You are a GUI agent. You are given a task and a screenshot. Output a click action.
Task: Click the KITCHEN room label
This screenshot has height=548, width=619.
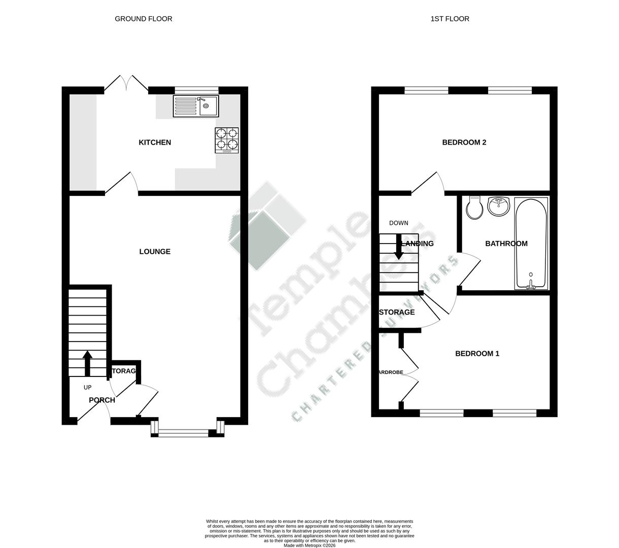click(155, 143)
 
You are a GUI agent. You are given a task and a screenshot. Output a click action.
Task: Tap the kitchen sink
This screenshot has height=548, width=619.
click(196, 106)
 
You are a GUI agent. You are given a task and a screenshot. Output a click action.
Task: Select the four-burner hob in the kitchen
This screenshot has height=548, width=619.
click(227, 140)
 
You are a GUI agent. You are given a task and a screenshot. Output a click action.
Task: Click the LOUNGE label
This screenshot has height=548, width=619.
click(155, 252)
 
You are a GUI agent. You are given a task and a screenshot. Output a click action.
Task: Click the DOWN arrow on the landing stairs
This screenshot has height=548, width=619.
click(399, 247)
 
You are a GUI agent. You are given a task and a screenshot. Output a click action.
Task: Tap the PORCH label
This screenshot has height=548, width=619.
click(102, 400)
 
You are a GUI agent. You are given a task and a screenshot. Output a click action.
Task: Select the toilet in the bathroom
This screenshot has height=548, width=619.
click(474, 208)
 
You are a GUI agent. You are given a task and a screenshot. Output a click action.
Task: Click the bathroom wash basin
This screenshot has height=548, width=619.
click(498, 206)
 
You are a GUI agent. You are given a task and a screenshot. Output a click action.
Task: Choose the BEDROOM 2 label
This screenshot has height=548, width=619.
click(464, 143)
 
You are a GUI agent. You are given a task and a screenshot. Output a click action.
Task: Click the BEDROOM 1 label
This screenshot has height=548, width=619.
click(477, 354)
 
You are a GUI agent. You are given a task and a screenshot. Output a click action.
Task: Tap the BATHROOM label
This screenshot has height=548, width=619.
click(506, 244)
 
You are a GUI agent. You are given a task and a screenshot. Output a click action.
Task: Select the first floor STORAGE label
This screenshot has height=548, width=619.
click(397, 312)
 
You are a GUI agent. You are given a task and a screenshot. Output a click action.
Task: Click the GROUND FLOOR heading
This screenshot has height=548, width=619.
click(144, 19)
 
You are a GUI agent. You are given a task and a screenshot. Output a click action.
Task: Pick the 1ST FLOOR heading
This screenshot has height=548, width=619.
click(450, 19)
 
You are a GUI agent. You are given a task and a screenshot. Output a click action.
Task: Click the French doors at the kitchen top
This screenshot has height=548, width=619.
click(126, 84)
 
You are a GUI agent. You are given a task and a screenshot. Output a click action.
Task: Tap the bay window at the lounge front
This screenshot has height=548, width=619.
click(187, 433)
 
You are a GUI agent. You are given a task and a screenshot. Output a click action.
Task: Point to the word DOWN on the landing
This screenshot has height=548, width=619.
click(398, 223)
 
